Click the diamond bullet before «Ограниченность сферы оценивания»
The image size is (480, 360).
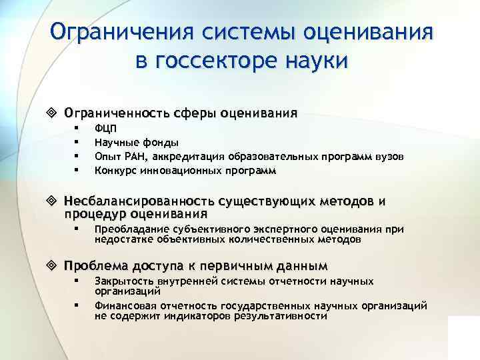(x=54, y=112)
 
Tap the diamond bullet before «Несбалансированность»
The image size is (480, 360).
(x=54, y=201)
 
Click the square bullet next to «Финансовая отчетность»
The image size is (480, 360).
(x=77, y=306)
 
